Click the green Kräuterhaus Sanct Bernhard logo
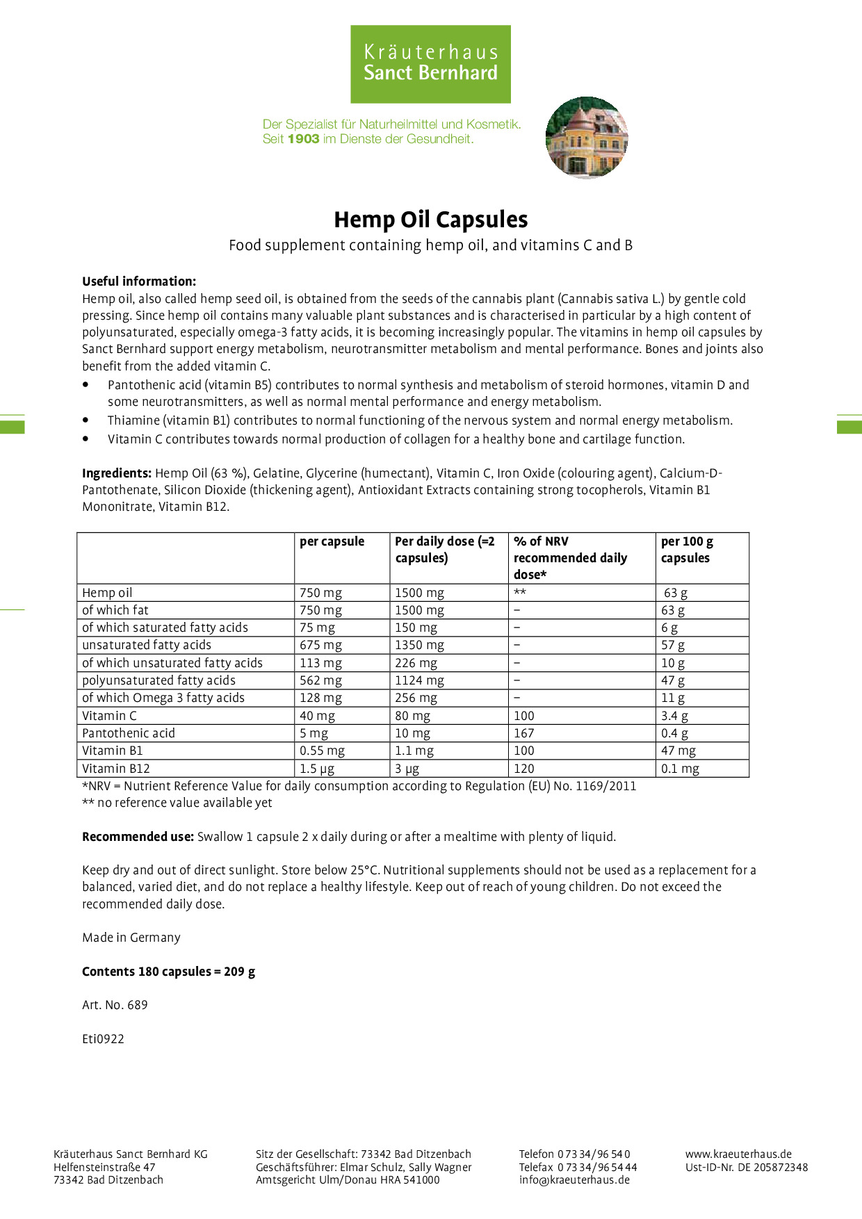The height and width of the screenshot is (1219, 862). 430,64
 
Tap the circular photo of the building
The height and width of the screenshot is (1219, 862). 587,137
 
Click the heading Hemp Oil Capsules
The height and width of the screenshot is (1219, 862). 430,220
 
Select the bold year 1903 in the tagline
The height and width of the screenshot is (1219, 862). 303,139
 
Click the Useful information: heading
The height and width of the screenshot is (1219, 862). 139,281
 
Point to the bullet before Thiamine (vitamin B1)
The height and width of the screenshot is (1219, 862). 86,420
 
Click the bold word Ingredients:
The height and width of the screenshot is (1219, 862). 117,473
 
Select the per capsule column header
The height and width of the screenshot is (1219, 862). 332,541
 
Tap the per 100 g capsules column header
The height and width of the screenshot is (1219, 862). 686,550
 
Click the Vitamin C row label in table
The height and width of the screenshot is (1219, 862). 109,716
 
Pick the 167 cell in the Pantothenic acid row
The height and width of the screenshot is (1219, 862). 524,733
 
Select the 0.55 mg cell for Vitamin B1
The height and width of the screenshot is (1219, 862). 322,751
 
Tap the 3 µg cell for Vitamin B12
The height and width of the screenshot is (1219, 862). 407,769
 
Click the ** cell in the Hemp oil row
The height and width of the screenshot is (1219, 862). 519,593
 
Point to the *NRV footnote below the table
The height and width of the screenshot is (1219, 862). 359,786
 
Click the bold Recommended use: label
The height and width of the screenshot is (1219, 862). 138,837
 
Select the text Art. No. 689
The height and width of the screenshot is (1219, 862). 115,1005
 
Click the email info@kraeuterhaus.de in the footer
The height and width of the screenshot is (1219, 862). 574,1179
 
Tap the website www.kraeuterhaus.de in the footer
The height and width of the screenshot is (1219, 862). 738,1154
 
